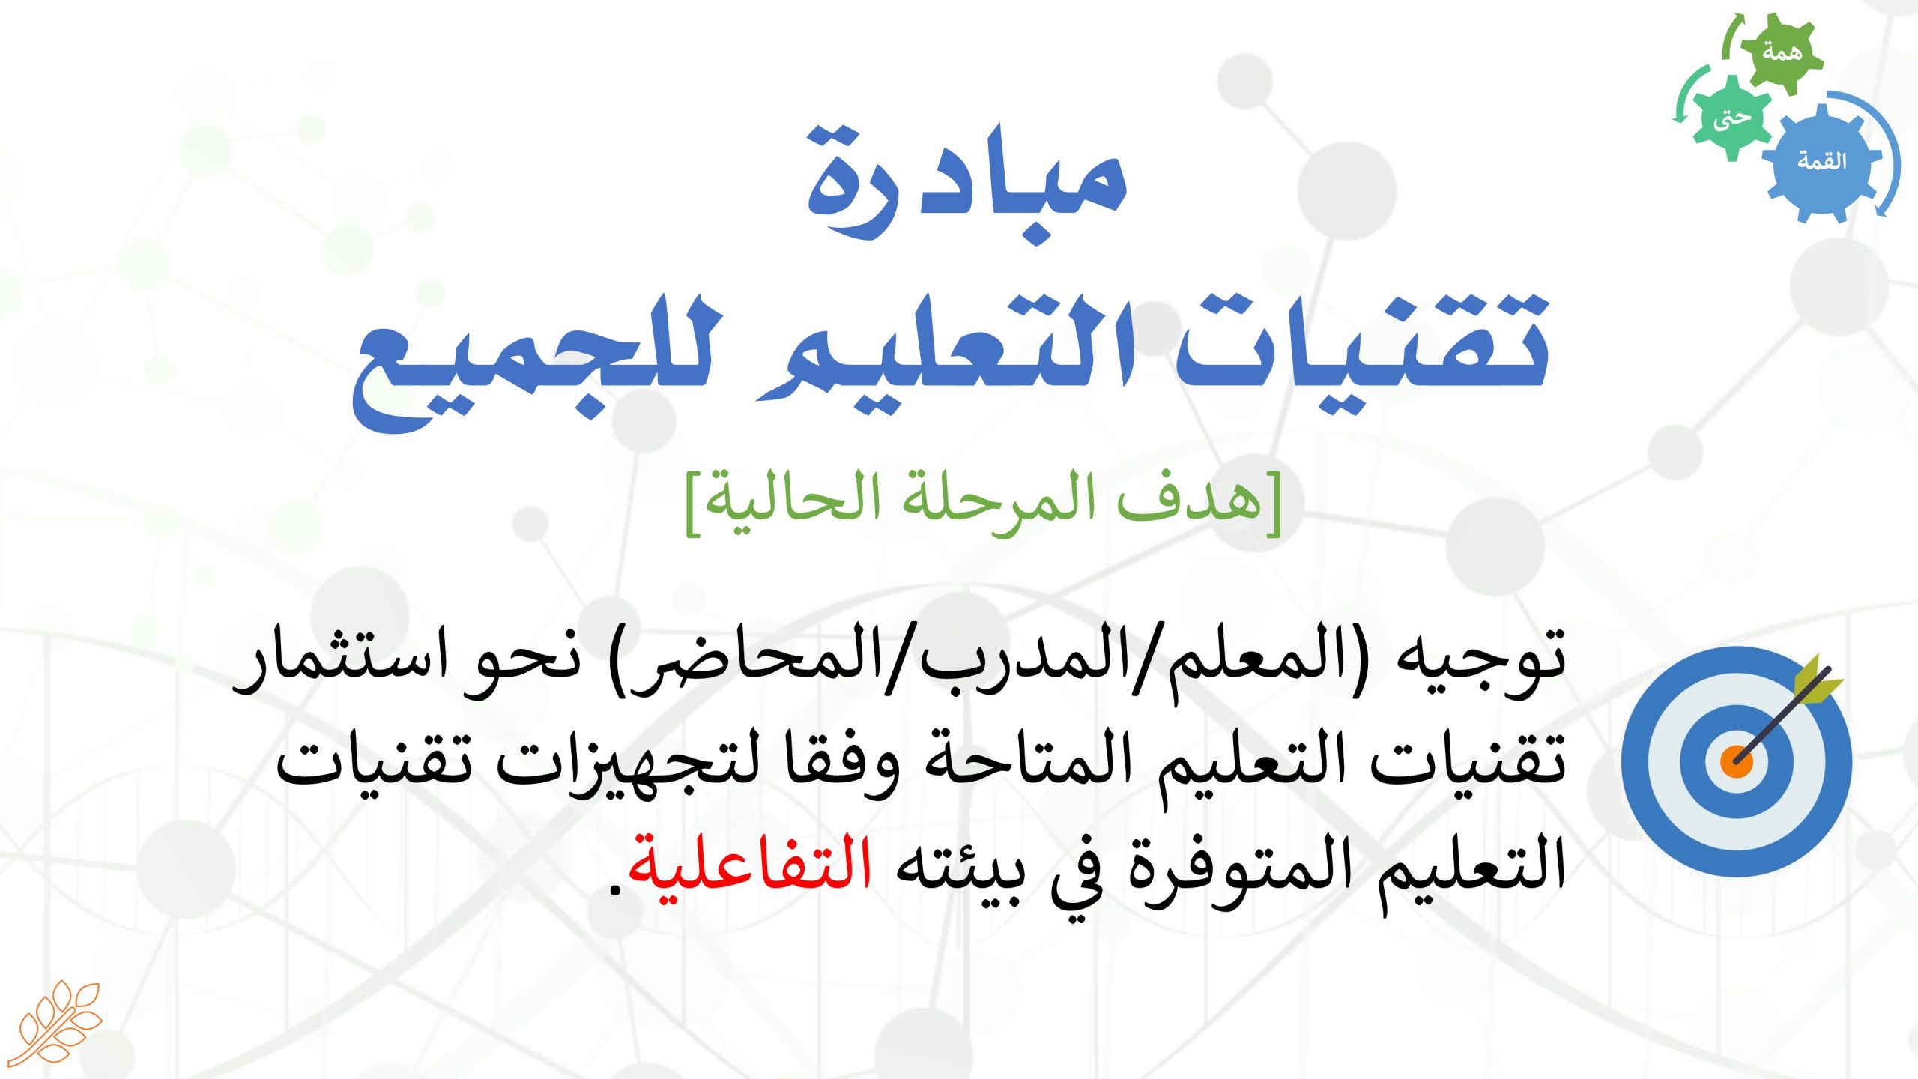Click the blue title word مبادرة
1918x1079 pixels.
[x=966, y=184]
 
